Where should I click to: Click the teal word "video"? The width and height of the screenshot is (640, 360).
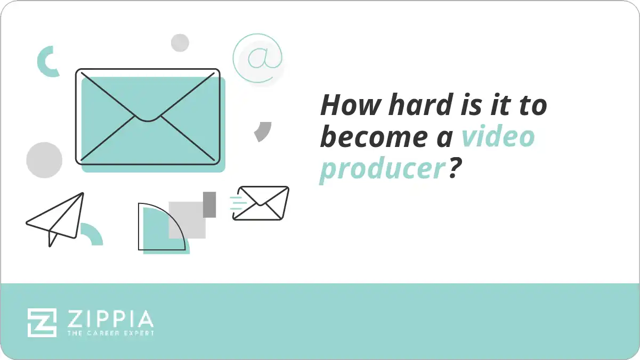[497, 137]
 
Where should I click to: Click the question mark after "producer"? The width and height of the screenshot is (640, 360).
[454, 169]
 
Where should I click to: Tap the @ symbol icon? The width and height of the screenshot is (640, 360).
[257, 59]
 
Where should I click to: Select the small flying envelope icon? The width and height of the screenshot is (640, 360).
[262, 203]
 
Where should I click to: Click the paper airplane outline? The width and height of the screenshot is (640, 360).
[56, 218]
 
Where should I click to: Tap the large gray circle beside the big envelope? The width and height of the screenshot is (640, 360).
[44, 160]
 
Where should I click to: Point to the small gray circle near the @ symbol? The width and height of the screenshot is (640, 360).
[180, 43]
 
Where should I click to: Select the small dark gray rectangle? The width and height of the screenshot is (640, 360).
[209, 204]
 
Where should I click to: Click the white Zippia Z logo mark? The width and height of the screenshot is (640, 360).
[42, 322]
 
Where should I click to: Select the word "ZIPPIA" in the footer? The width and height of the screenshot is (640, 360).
[110, 319]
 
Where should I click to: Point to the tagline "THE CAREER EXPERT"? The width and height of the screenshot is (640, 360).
[110, 333]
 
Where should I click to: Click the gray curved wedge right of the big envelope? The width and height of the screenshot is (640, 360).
[263, 130]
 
